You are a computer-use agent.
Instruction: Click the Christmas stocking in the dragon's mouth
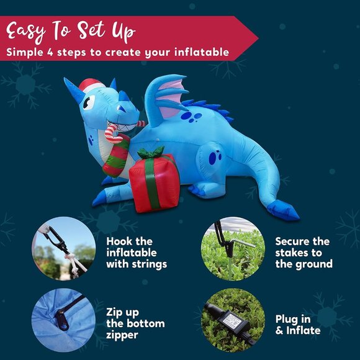pyautogui.click(x=116, y=155)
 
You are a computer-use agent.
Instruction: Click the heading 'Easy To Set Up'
pyautogui.click(x=72, y=30)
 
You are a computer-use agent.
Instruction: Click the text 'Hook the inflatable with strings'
pyautogui.click(x=137, y=253)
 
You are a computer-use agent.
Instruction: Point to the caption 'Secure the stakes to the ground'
pyautogui.click(x=304, y=253)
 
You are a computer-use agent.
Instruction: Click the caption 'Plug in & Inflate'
pyautogui.click(x=298, y=324)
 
